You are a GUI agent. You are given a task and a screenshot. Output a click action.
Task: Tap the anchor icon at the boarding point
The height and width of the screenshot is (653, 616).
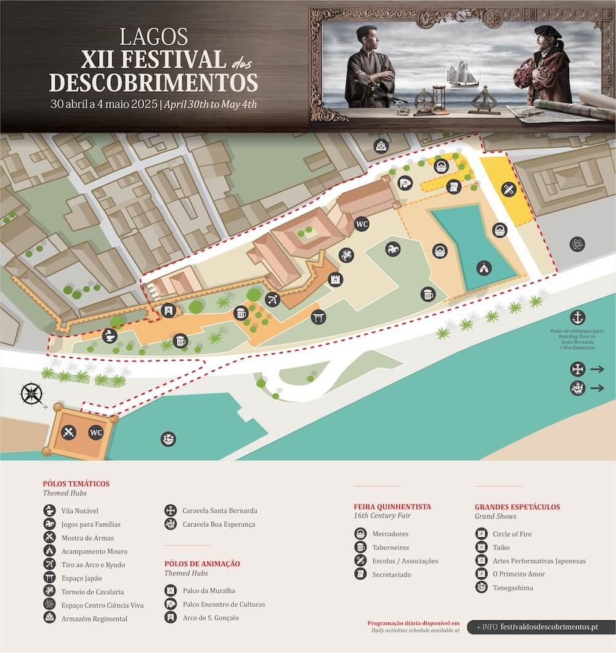[x=577, y=318]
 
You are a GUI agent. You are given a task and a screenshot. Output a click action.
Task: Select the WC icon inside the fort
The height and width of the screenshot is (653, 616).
[x=96, y=432]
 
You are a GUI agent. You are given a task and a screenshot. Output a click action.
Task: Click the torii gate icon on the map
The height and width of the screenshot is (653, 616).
[x=318, y=318]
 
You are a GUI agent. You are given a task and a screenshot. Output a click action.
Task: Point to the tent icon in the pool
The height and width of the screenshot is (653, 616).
[x=484, y=268]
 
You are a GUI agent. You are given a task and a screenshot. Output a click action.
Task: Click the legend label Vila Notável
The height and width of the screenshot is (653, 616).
[x=79, y=511]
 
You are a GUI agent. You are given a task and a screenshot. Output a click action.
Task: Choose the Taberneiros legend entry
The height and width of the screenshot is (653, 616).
[x=390, y=547]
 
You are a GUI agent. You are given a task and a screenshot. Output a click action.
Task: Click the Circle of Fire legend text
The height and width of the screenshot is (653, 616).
[x=511, y=534]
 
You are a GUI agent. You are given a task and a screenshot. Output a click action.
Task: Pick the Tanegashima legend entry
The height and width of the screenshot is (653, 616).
[x=513, y=588]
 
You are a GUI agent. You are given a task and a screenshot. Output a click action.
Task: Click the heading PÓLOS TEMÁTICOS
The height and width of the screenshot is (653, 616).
[x=76, y=484]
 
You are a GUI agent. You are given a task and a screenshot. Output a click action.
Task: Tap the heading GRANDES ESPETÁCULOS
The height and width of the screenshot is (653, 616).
[x=517, y=507]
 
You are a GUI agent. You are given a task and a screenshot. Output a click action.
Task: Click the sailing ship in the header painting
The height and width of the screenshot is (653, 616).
[x=462, y=73]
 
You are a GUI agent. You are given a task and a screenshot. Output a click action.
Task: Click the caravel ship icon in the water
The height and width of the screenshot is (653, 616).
[x=168, y=439]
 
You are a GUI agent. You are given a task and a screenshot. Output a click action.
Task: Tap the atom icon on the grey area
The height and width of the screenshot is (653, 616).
[x=577, y=244]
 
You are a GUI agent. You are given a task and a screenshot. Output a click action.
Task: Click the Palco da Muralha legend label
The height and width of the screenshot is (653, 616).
[x=208, y=590]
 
